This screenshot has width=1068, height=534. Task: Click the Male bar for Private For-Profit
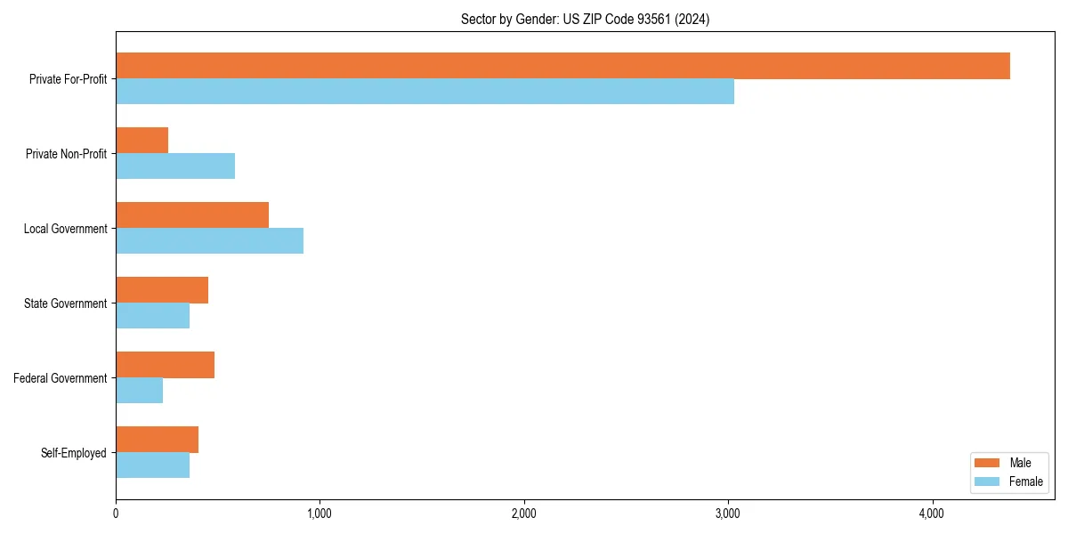click(562, 66)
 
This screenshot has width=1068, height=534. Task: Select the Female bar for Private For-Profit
click(425, 92)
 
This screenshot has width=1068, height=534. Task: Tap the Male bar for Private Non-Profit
click(142, 141)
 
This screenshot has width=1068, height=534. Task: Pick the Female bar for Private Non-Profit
click(175, 166)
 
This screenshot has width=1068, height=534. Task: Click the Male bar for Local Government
click(192, 215)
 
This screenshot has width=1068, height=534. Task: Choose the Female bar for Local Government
click(209, 241)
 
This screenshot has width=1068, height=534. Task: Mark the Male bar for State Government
click(162, 290)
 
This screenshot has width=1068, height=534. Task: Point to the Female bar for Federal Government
click(140, 391)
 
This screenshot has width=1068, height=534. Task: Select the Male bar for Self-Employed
click(157, 440)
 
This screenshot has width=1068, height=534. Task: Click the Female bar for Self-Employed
click(152, 465)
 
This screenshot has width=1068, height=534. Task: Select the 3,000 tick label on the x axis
click(728, 514)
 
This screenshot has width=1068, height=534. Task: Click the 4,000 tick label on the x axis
click(932, 514)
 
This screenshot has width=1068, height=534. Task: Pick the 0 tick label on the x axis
click(116, 514)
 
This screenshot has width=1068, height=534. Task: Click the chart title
click(585, 19)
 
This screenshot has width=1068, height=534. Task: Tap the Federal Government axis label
click(61, 378)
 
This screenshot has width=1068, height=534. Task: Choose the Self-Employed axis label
click(74, 453)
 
